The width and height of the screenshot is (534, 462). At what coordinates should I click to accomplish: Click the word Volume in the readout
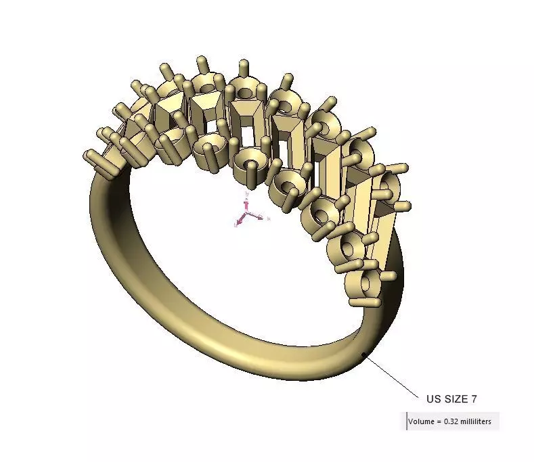tap(422, 422)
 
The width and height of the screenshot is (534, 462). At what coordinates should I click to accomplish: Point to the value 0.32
tap(452, 422)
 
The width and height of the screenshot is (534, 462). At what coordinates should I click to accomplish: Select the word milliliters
tap(481, 422)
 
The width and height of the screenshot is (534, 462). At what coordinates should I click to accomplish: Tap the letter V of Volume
tap(411, 422)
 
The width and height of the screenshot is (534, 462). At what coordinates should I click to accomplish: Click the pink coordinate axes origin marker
tap(246, 216)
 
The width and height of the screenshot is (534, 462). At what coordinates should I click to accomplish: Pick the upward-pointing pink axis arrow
tap(247, 196)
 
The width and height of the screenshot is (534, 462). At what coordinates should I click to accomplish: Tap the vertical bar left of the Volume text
tap(407, 421)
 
